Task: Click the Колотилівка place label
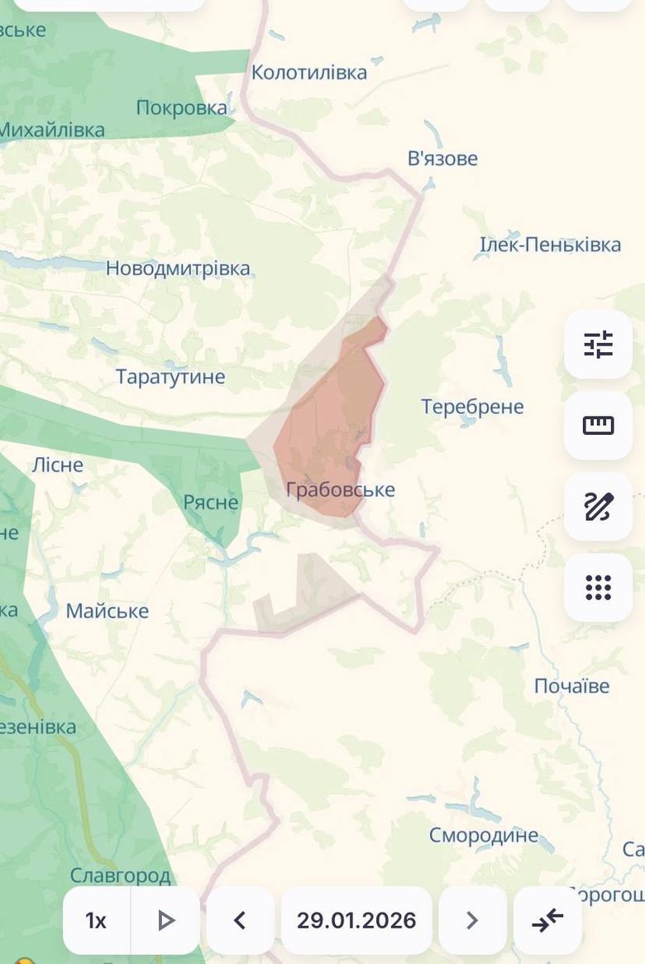tap(309, 73)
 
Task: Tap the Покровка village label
tap(182, 108)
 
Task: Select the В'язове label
tap(442, 159)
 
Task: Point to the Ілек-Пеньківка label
tap(550, 245)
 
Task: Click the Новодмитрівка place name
tap(178, 270)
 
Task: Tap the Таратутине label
tap(170, 377)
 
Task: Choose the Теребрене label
tap(472, 407)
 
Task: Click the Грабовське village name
tap(341, 489)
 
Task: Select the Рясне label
tap(211, 503)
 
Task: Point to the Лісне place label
tap(58, 465)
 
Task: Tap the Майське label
tap(107, 611)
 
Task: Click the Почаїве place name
tap(571, 686)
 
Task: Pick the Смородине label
tap(483, 835)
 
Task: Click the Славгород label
tap(120, 876)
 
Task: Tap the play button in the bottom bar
tap(166, 920)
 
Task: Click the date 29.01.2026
tap(356, 920)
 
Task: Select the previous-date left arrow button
tap(240, 920)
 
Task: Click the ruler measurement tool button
tap(598, 425)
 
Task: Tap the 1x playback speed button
tap(96, 920)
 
